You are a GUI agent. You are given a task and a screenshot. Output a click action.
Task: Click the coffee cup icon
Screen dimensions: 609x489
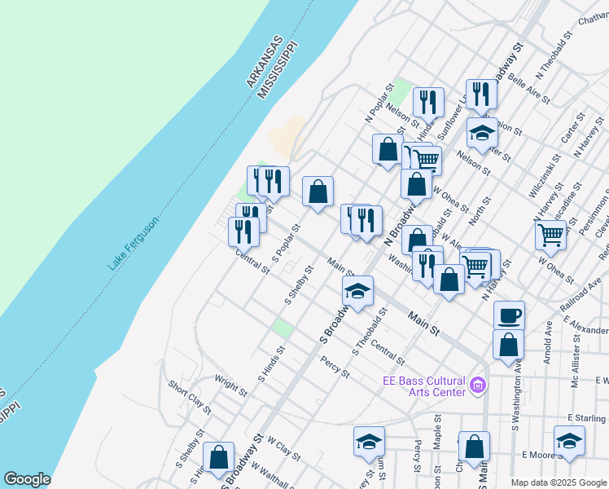pos(509,315)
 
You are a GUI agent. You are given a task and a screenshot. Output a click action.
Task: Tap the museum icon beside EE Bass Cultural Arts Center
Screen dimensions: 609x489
pos(478,385)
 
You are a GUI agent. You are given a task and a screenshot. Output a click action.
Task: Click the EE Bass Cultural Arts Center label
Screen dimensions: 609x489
pos(424,385)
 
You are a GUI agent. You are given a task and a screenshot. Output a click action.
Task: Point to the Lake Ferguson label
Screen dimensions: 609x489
pos(133,244)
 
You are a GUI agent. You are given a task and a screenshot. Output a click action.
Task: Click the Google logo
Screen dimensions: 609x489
pos(27,479)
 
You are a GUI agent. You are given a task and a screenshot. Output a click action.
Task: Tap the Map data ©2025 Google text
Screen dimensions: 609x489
pos(559,482)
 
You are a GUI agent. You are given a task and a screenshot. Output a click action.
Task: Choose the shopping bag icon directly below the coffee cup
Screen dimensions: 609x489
pos(509,344)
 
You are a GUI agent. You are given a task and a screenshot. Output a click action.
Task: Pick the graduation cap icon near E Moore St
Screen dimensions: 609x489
pos(569,440)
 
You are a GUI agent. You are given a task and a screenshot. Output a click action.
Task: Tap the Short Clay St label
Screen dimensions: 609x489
pos(189,395)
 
